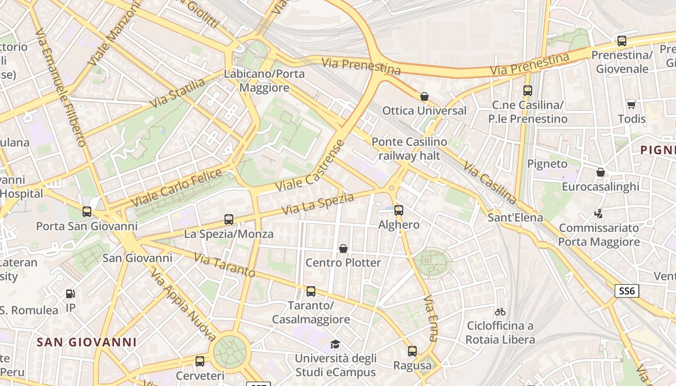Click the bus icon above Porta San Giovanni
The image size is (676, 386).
tap(87, 212)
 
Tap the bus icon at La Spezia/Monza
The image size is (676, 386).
tap(229, 220)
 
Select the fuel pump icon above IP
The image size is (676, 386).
tap(70, 294)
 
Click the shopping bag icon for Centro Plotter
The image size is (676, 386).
tap(343, 248)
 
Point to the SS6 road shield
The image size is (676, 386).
tap(627, 291)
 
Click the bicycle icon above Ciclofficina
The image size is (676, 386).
tap(500, 312)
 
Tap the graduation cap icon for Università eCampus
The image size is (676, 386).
tap(335, 344)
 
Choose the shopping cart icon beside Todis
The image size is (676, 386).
tap(631, 105)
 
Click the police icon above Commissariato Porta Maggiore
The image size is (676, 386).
tap(599, 213)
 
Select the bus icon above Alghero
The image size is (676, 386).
tap(399, 210)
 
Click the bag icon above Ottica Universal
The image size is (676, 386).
tap(424, 96)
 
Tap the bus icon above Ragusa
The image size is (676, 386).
tap(412, 351)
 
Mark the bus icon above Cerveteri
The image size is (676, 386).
tap(200, 361)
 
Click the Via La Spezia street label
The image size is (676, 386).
tap(318, 204)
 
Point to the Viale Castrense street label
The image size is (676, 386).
tap(310, 165)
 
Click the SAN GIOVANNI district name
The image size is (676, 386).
tap(87, 342)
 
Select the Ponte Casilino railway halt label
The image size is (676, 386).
tap(409, 149)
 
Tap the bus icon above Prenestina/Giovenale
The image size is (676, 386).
tap(622, 41)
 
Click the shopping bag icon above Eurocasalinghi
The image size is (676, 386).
tap(601, 172)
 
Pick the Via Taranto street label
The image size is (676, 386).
tap(225, 265)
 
